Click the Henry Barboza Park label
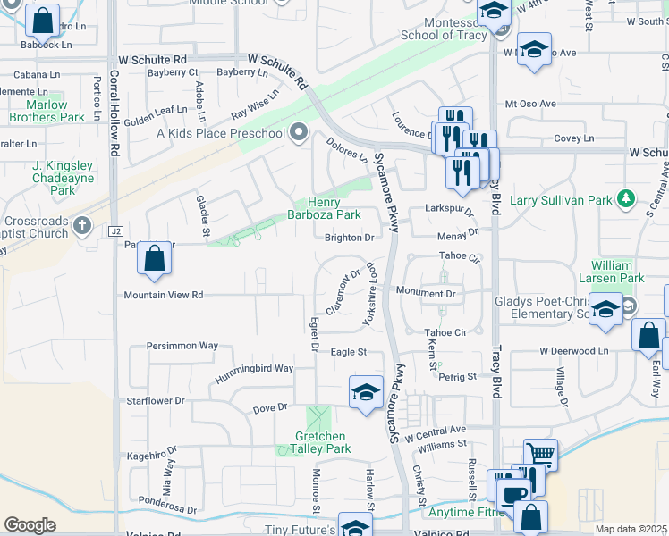[x=324, y=208]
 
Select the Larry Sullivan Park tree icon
[x=628, y=197]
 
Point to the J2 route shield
[x=115, y=231]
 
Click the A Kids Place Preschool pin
[x=298, y=133]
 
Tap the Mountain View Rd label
[x=164, y=294]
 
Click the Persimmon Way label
[x=183, y=345]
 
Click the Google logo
[x=30, y=524]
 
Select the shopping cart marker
[x=540, y=453]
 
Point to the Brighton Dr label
[x=349, y=238]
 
